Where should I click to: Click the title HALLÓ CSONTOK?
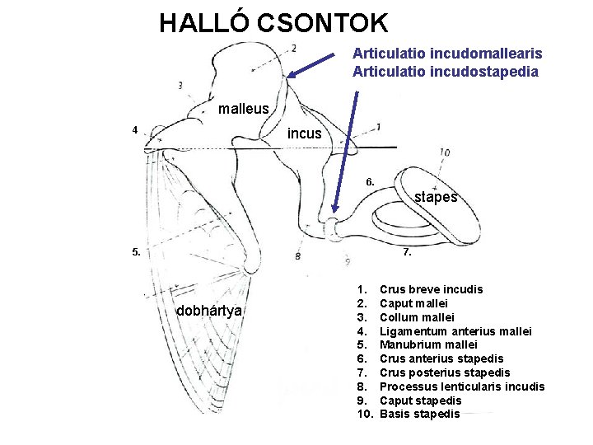click(273, 22)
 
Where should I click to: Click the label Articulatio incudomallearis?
click(447, 54)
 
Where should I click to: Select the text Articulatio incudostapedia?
click(446, 72)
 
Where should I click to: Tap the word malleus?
click(243, 109)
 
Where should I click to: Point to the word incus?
click(304, 133)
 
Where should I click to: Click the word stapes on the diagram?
click(436, 197)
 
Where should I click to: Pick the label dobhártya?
click(209, 311)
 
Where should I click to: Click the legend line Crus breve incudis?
click(431, 289)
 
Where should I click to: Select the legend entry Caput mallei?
click(413, 303)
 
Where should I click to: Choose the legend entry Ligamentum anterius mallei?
click(455, 331)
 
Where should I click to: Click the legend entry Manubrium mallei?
click(428, 345)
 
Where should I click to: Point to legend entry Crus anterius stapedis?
click(441, 358)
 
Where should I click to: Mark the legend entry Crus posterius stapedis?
click(445, 372)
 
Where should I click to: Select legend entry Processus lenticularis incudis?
click(461, 386)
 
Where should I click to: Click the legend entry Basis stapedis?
click(419, 414)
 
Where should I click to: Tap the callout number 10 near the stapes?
click(444, 152)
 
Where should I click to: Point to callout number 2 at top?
click(294, 48)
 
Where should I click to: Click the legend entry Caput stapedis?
click(420, 400)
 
